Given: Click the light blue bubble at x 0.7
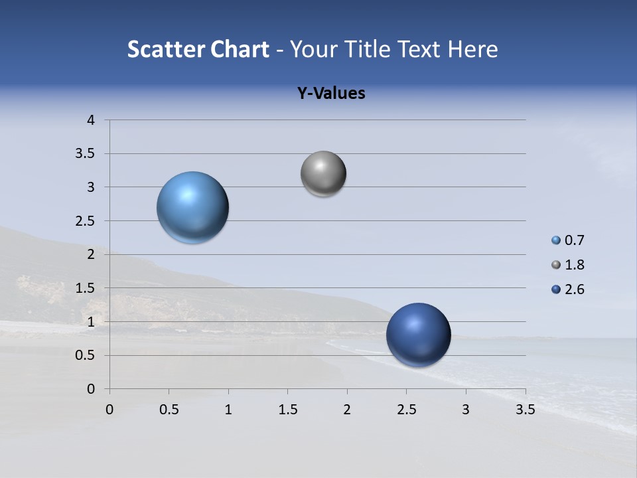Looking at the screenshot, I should [193, 207].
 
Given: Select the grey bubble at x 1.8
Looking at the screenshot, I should [323, 174].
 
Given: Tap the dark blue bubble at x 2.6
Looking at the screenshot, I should [418, 335].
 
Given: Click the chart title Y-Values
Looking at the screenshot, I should [331, 94].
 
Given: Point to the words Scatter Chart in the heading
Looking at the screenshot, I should [198, 49].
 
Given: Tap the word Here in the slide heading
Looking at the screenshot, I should [472, 49].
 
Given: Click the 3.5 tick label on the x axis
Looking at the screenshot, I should [525, 410].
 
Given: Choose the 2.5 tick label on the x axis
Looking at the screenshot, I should [406, 410].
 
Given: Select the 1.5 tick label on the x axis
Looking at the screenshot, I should [287, 410].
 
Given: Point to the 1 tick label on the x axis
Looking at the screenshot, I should [228, 410].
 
